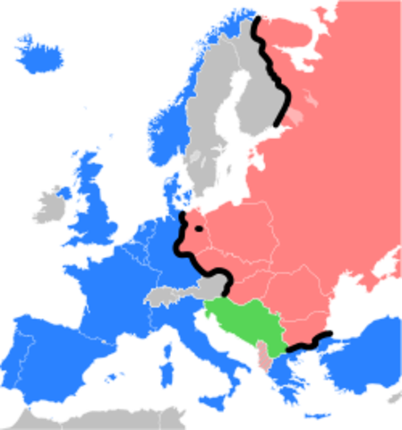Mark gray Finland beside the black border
(260, 99)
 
